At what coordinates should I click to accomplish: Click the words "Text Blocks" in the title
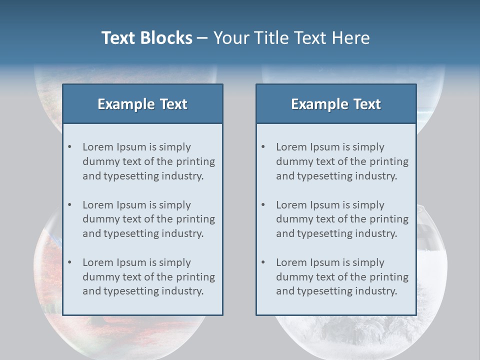coord(146,38)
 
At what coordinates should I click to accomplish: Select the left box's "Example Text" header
coord(142,104)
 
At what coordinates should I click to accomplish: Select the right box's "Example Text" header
coord(336,104)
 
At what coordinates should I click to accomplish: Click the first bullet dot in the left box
coord(69,147)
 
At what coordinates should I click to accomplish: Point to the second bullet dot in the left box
coord(69,205)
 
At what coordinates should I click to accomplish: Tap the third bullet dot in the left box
coord(69,262)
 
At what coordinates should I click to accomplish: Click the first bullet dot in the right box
coord(263,147)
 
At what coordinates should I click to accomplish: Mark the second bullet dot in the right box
coord(263,205)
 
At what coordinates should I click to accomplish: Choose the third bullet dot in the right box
coord(263,262)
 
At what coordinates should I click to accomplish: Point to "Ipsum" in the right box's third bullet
coord(324,262)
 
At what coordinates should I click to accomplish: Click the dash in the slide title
coord(202,38)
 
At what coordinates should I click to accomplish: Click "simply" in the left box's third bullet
coord(174,262)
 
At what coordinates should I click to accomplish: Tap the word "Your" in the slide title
coord(230,38)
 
